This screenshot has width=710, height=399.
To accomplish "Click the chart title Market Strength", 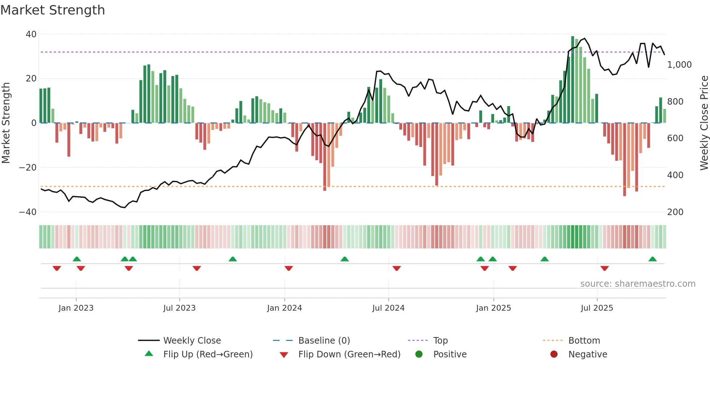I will pos(53,10).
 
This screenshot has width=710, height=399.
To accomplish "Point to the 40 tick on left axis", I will pos(31,34).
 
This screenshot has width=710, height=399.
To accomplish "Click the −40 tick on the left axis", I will pos(28,212).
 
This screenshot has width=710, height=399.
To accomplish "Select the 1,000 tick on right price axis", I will pos(679,65).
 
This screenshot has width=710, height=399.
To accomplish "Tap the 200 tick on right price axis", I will pos(675,212).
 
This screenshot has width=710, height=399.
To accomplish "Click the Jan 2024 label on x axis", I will pos(284,308).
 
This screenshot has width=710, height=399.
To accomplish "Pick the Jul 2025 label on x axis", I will pos(597,308).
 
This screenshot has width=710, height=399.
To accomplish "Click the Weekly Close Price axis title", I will pos(704,123).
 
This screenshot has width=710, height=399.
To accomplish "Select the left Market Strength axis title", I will pos(6,123).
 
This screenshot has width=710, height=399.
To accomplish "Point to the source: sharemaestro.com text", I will pos(638,284).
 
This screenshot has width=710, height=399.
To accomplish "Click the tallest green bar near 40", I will pos(573,80).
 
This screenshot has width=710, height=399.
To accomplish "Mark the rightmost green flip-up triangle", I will pos(652,259).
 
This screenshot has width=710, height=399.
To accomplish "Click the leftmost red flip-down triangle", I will pos(57,268).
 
